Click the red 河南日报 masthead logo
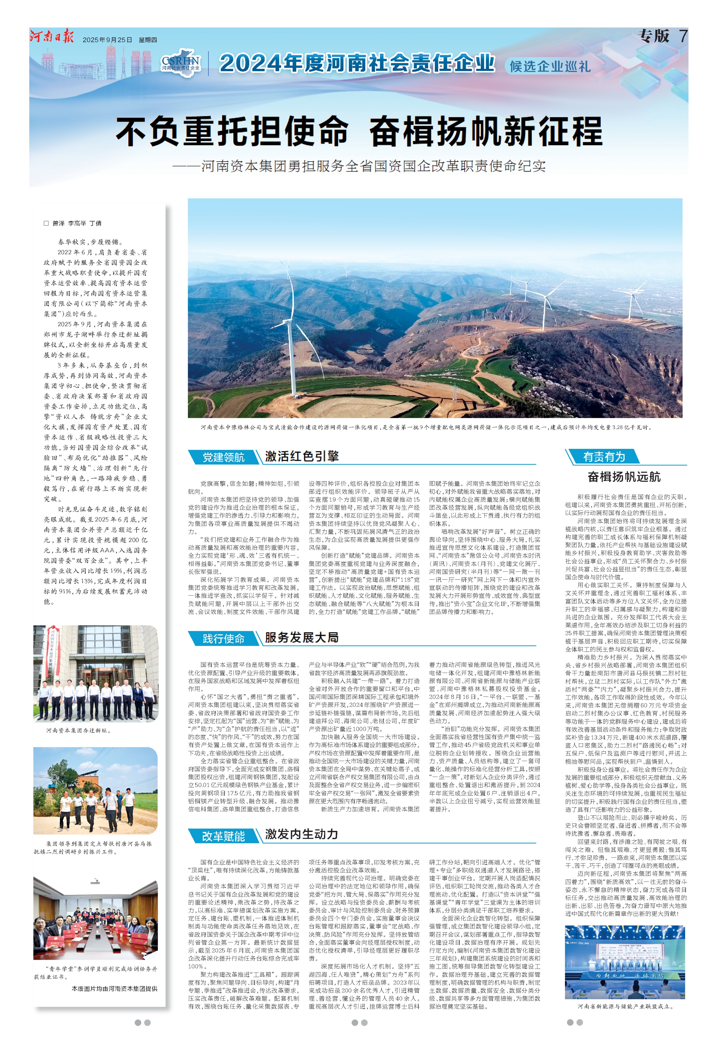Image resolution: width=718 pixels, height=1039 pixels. click(x=52, y=37)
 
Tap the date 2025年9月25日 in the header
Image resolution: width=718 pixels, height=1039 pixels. click(x=107, y=40)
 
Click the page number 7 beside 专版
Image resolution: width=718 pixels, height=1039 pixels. click(x=683, y=36)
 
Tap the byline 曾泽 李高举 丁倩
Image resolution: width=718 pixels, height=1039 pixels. click(x=77, y=223)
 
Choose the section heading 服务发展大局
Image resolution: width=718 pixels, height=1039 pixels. click(x=301, y=637)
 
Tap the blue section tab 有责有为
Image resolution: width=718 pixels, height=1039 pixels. click(x=604, y=457)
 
